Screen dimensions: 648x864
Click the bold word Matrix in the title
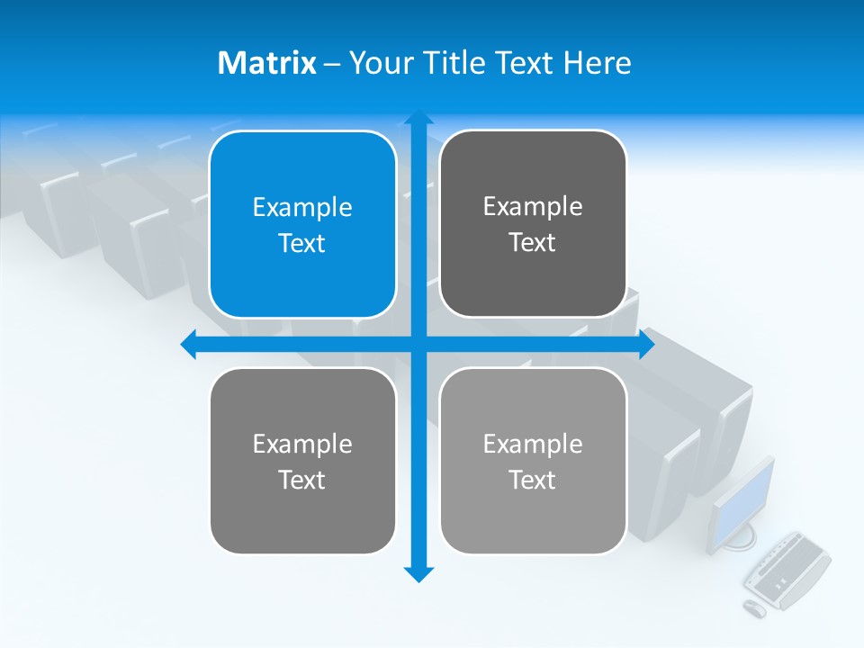point(267,63)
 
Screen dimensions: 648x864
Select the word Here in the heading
point(597,63)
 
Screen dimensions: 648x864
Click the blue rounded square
point(302,225)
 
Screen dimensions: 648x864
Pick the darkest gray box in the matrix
point(533,224)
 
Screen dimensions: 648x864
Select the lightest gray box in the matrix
point(533,461)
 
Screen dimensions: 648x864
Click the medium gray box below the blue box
point(302,461)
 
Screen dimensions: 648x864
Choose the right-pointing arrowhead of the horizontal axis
point(646,345)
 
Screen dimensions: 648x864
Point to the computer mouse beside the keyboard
point(754,608)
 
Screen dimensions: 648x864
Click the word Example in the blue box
point(302,207)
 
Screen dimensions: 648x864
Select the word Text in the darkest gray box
point(533,243)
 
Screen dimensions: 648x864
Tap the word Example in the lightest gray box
point(533,444)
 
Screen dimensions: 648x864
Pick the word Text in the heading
point(526,63)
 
